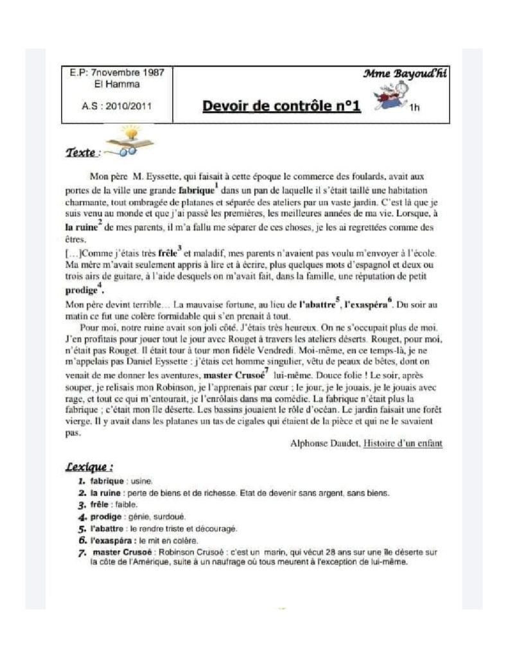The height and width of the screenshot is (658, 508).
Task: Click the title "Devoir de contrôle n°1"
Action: click(281, 105)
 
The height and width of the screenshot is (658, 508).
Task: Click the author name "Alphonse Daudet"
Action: click(324, 443)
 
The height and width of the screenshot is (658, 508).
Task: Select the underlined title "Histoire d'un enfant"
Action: click(403, 443)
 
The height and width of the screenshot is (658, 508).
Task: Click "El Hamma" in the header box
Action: click(116, 84)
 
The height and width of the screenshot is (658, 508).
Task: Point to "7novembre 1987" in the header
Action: click(127, 73)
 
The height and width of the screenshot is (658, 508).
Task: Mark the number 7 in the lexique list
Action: click(82, 552)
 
